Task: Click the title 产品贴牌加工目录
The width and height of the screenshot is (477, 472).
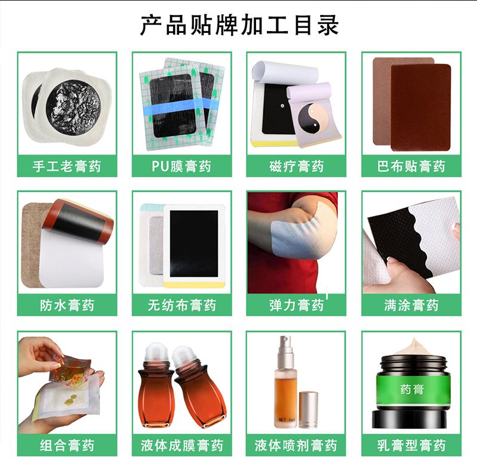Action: [x=239, y=25]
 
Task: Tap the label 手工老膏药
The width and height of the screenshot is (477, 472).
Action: [x=67, y=166]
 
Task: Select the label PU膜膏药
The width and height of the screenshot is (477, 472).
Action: [x=181, y=166]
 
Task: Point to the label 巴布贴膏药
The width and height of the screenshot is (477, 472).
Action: [x=411, y=166]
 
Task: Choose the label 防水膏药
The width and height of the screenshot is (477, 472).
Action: [x=67, y=306]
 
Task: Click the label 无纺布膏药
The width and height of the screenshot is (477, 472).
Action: [x=181, y=306]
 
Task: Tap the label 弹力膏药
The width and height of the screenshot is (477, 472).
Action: [x=296, y=306]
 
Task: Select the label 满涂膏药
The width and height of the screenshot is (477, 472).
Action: [x=411, y=306]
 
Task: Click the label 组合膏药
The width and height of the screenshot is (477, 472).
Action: [x=67, y=446]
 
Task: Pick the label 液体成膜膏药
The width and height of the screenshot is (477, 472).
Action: [x=181, y=446]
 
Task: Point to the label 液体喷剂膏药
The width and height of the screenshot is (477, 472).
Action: [x=296, y=446]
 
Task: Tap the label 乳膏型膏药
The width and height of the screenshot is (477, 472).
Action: [x=411, y=446]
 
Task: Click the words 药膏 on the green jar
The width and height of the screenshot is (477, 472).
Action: [x=412, y=390]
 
